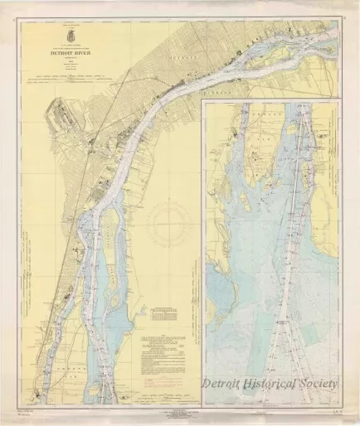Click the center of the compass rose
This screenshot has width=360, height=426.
coord(173,222)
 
